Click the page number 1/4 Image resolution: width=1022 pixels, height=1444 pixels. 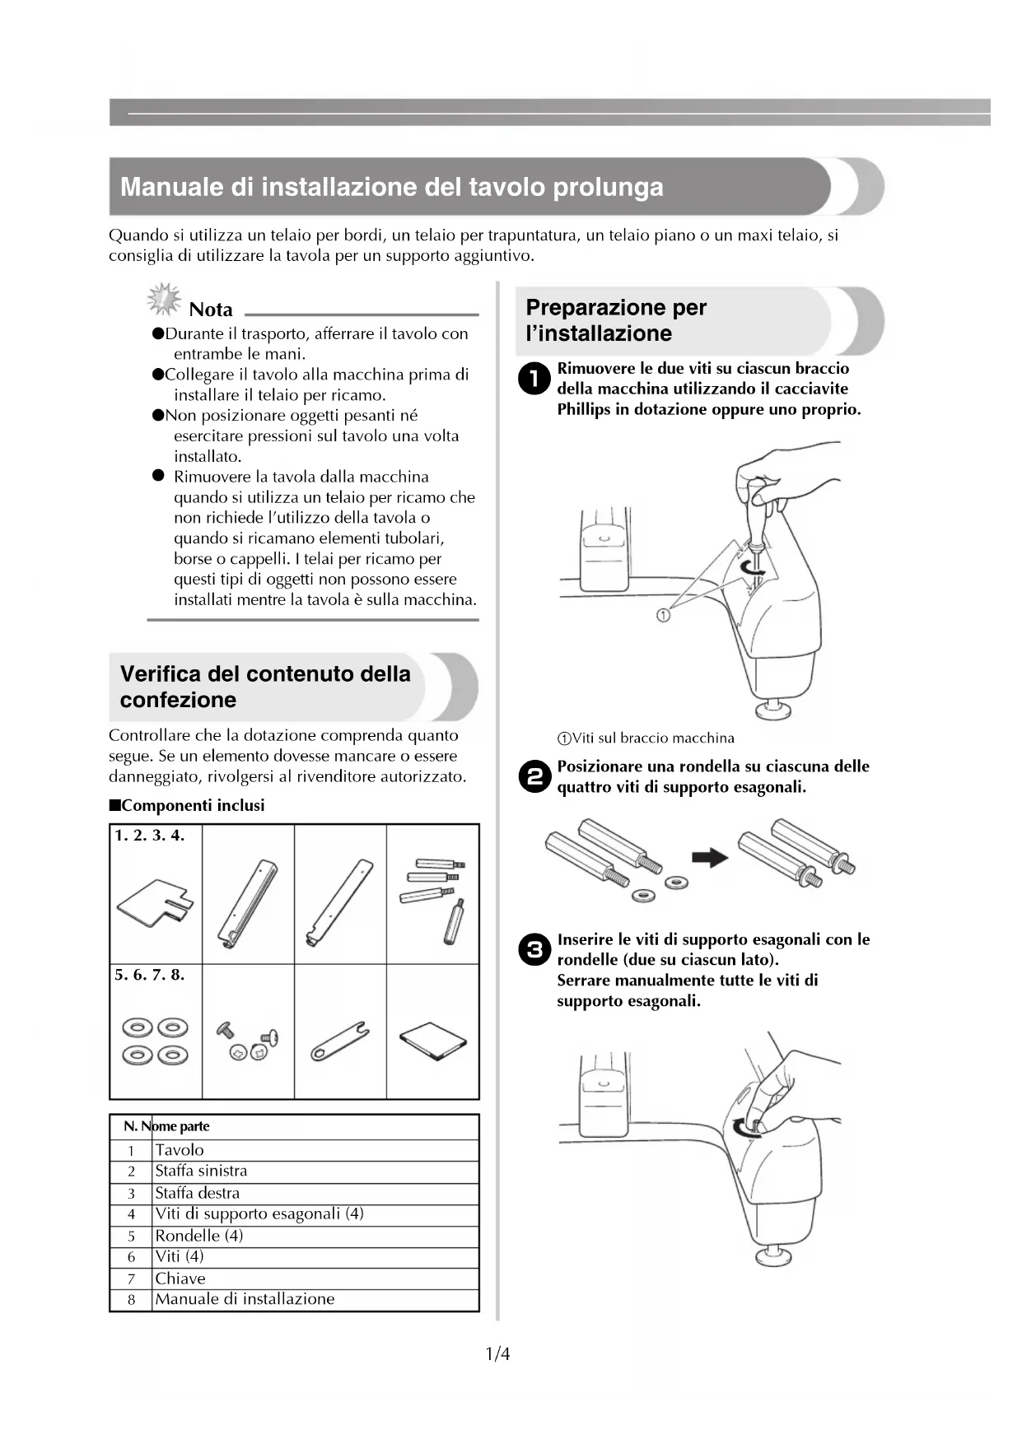497,1353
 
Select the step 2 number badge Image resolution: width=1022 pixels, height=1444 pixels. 534,776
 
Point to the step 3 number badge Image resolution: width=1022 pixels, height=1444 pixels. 534,950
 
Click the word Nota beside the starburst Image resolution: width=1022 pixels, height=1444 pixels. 211,310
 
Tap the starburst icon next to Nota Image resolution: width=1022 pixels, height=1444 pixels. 164,299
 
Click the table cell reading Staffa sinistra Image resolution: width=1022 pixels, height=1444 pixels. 201,1171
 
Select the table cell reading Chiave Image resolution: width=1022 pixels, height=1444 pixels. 180,1279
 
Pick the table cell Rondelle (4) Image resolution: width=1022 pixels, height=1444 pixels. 199,1236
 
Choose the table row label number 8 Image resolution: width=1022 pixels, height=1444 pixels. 131,1300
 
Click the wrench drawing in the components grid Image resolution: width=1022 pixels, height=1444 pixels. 339,1041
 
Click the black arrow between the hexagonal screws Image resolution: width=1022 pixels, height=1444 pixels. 710,858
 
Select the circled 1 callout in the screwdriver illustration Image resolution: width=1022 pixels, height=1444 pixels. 663,614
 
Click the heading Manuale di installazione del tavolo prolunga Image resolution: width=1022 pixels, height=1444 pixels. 392,187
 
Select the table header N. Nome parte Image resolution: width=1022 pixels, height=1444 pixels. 166,1126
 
